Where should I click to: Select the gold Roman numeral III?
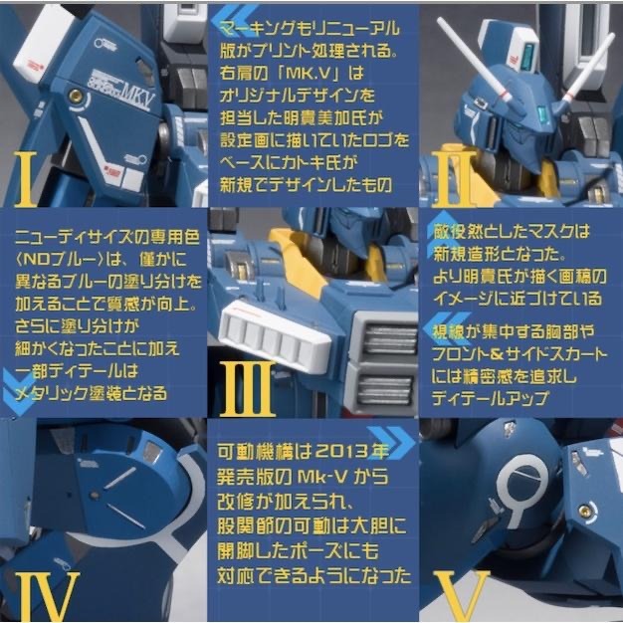(246, 388)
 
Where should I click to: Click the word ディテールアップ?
(493, 395)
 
